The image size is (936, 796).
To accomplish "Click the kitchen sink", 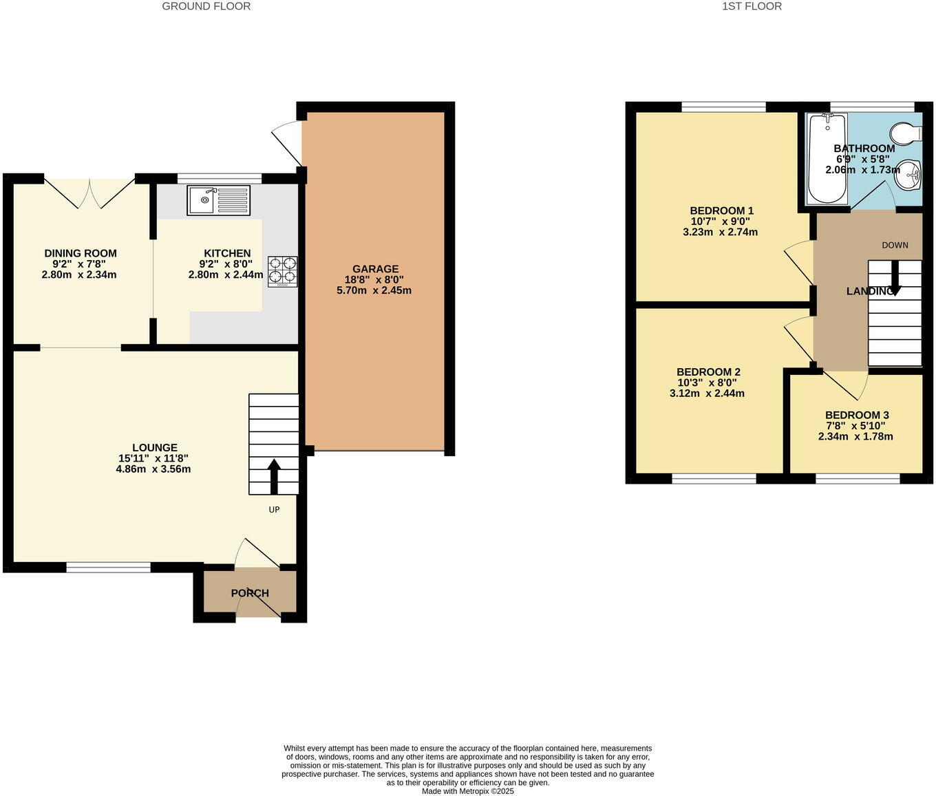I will tap(219, 200).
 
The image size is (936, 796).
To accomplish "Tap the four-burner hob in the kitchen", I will tap(282, 270).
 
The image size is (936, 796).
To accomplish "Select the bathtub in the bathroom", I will tap(827, 160).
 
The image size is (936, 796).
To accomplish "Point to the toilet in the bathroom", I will tap(906, 132).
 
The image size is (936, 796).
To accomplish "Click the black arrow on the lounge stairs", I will tap(273, 476).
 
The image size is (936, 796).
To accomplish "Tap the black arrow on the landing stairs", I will tap(895, 279).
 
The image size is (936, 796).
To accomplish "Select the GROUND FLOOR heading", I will tap(206, 6).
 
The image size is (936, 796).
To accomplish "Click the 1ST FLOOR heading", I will tap(752, 6).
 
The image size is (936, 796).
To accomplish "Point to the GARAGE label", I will tap(375, 269).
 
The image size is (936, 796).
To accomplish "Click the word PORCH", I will tap(250, 593).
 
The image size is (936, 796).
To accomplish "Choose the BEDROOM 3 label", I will tap(857, 415).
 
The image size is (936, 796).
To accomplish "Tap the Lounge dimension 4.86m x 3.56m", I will tap(153, 469).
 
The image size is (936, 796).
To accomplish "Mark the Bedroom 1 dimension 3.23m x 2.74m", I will tap(720, 232).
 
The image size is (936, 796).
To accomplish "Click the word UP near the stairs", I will tap(274, 510).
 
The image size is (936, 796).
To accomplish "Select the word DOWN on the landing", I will tap(895, 245).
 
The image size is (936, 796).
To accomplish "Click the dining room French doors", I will tap(89, 192).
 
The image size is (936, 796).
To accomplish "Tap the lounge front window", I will tap(108, 568).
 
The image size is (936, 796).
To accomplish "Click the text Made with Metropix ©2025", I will tap(468, 791).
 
